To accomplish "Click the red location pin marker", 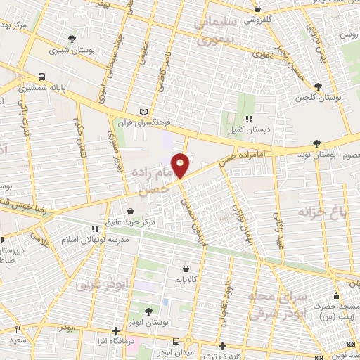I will coord(181,165).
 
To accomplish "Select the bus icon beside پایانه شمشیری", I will coord(43,77).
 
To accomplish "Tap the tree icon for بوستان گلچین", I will coord(319,86).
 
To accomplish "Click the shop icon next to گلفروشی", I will coord(259,8).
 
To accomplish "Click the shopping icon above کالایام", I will coord(186,267).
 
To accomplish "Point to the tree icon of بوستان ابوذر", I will coord(148,311).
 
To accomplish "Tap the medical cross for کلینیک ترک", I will coord(222,346).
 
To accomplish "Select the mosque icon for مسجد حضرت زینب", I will coord(336,296).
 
